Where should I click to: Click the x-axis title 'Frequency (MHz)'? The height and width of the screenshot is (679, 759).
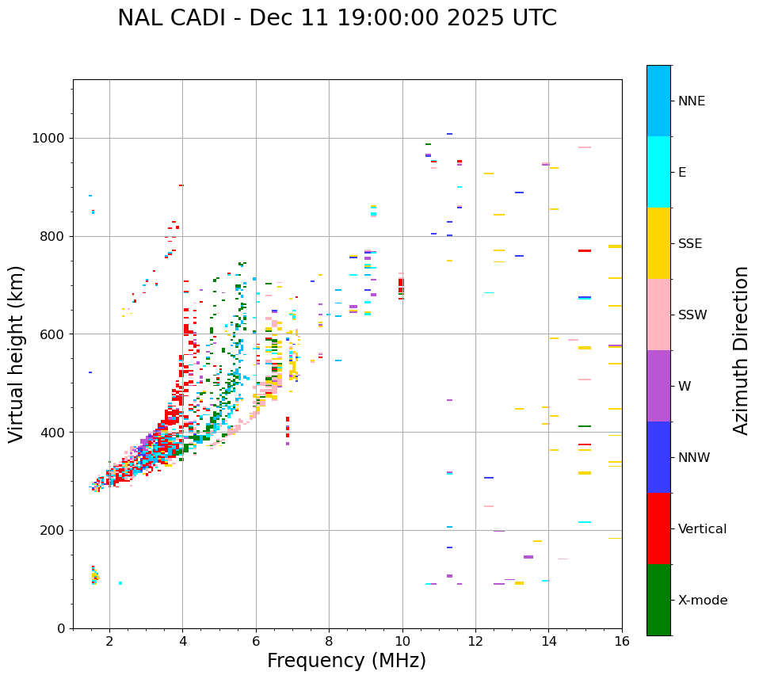coord(346,661)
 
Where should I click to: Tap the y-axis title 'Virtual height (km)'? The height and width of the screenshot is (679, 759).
coord(17,353)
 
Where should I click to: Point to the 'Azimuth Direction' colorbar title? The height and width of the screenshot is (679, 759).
coord(741,350)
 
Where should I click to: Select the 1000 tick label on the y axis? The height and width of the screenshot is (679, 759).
coord(49,139)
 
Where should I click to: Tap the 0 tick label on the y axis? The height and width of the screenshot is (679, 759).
coord(61,628)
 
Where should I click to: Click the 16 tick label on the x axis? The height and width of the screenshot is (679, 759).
coord(622,641)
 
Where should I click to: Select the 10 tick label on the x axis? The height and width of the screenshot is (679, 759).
coord(402,641)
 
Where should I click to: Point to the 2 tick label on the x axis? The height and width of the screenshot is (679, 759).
coord(109,641)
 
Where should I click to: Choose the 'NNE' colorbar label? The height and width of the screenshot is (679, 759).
coord(691,101)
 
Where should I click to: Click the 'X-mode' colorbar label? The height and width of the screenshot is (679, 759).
coord(702,601)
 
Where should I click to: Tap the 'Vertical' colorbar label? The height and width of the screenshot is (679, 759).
coord(702,529)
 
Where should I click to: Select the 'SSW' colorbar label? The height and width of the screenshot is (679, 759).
coord(692,315)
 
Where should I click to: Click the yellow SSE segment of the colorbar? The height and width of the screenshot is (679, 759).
coord(658,243)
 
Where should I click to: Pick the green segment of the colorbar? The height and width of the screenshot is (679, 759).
coord(658,600)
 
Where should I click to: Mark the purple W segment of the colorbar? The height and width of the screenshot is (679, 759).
coord(658,386)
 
